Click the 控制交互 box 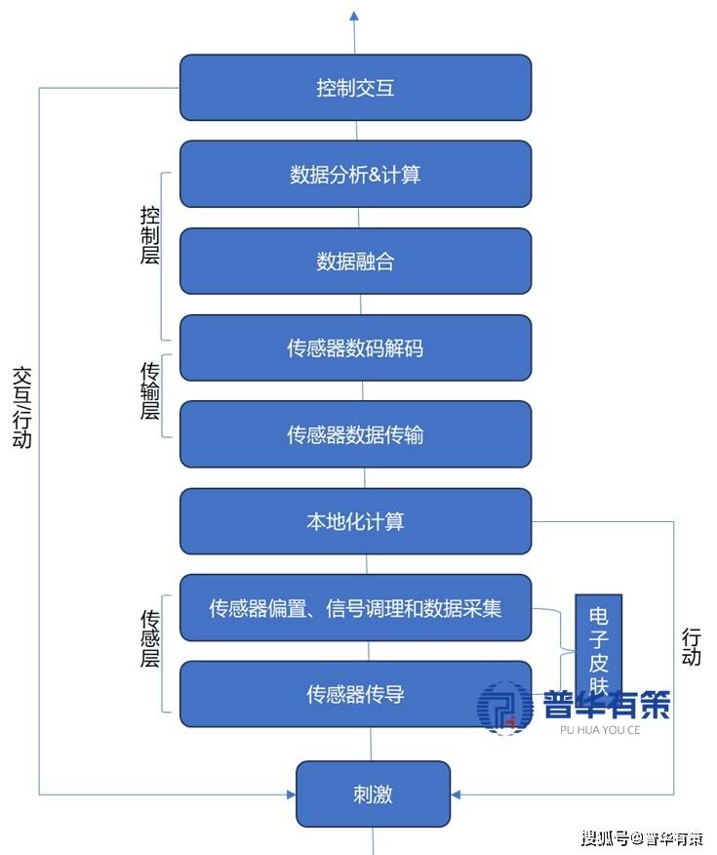(x=355, y=88)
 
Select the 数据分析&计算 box (x=355, y=175)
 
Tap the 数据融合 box (x=355, y=261)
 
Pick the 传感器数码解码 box (x=355, y=347)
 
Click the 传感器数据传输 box (x=355, y=433)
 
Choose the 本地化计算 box (x=355, y=521)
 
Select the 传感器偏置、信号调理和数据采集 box (x=355, y=607)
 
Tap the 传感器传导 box (x=355, y=694)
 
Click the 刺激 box (x=373, y=793)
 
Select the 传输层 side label (x=150, y=390)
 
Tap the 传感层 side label (x=150, y=638)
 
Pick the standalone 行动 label (x=691, y=645)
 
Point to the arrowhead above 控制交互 (x=354, y=16)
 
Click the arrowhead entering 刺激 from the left (x=291, y=794)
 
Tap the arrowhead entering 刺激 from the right (x=457, y=794)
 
